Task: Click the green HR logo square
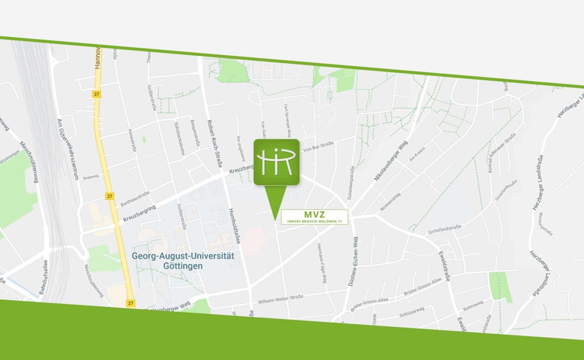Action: tap(276, 162)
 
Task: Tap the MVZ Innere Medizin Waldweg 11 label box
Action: tap(314, 217)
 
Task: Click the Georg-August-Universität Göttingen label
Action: tap(183, 261)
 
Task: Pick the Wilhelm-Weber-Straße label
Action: tap(281, 299)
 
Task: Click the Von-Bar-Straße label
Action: tap(318, 147)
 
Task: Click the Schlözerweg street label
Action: tap(412, 311)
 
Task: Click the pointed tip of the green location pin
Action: tap(275, 220)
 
